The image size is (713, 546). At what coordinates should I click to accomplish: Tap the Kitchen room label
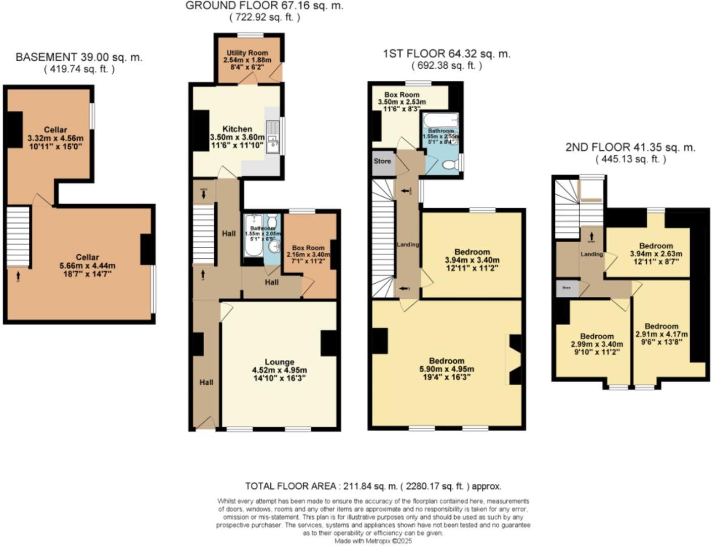pos(237,129)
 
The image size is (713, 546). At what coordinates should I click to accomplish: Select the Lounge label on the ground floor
pos(279,362)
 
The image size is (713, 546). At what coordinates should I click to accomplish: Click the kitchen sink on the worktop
pos(273,136)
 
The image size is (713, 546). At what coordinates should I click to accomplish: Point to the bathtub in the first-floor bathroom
pos(441,120)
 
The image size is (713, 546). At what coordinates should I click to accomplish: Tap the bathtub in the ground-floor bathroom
pos(252,235)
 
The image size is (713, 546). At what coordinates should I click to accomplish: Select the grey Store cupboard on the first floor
pos(383,161)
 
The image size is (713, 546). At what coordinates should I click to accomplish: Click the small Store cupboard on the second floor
pos(566,288)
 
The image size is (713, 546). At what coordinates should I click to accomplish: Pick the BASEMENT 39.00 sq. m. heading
pos(79,57)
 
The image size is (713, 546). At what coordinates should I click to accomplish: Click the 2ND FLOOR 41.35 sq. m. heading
pos(630,148)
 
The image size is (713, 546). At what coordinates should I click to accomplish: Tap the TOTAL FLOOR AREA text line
pos(373,486)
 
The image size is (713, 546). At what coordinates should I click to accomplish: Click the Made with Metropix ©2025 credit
pos(373,541)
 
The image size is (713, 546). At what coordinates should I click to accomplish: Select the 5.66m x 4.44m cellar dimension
pos(87,265)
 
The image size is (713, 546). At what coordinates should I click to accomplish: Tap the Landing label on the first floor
pos(407,244)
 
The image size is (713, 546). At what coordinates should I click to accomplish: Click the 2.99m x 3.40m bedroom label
pos(596,336)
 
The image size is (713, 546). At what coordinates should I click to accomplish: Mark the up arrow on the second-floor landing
pos(591,236)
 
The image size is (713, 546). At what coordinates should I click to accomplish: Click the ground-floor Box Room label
pos(308,248)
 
